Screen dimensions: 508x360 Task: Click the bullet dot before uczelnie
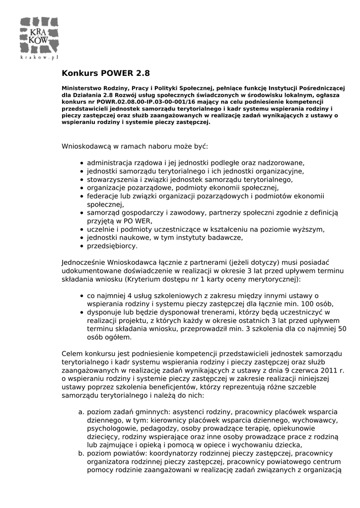click(x=81, y=230)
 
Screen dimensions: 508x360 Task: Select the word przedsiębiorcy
click(x=112, y=246)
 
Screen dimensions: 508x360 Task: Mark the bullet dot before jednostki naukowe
click(x=81, y=238)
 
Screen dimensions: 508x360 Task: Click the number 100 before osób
click(x=299, y=304)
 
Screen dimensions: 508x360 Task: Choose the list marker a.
click(x=81, y=412)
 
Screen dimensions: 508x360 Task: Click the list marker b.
click(x=81, y=453)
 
